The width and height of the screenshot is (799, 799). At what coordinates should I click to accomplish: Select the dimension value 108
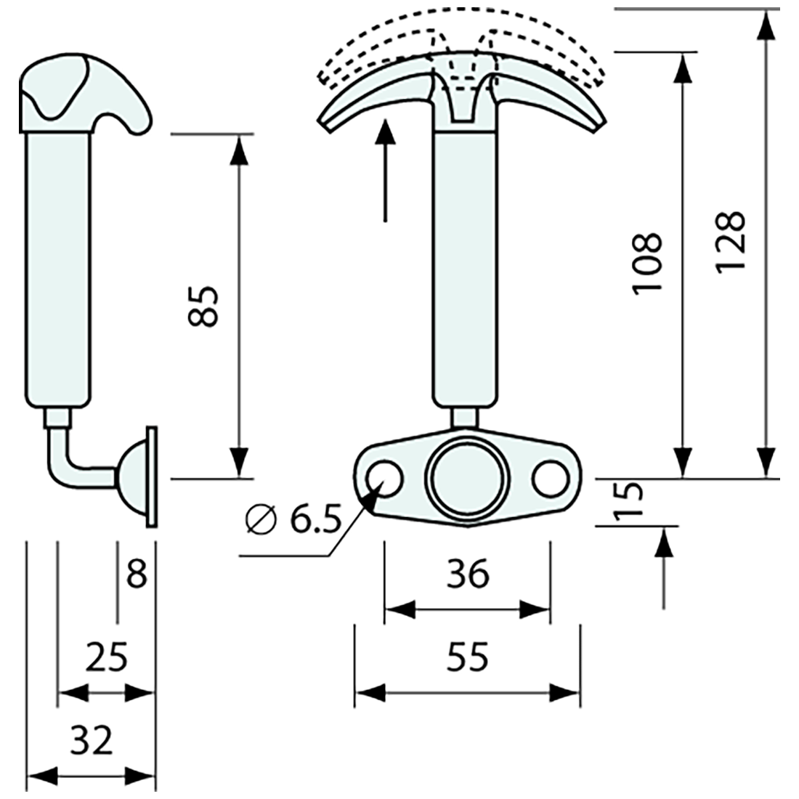click(x=646, y=264)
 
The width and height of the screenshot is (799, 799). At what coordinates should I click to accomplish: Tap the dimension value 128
click(x=730, y=242)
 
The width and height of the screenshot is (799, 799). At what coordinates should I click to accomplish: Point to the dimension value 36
click(x=468, y=575)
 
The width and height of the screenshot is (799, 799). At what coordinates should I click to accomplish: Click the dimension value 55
click(x=468, y=658)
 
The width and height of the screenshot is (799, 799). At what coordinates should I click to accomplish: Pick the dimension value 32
click(x=92, y=742)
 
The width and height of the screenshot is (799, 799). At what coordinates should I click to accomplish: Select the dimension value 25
click(x=106, y=657)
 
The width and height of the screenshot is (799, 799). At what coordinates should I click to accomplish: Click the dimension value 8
click(x=137, y=575)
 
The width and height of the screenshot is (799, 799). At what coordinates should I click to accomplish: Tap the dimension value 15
click(x=629, y=501)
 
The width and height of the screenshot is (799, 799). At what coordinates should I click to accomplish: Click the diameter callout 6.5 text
click(x=293, y=519)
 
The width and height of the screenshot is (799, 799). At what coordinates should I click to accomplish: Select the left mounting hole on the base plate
click(x=385, y=479)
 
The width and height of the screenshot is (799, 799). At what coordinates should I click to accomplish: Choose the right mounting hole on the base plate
click(x=550, y=479)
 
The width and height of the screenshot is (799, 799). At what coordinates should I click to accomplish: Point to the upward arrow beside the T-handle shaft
click(x=386, y=171)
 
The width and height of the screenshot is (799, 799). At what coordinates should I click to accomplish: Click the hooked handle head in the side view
click(x=84, y=94)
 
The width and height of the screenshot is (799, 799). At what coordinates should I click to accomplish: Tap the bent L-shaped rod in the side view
click(x=69, y=465)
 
